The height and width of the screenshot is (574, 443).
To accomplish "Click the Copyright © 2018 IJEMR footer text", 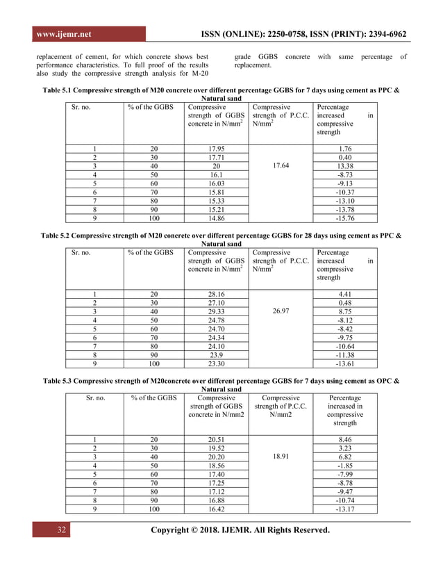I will [240, 530].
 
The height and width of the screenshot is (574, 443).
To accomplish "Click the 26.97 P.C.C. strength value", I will [280, 311].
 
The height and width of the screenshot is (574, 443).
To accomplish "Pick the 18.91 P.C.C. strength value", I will [280, 459].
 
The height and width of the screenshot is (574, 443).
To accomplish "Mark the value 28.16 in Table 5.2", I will [216, 293].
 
